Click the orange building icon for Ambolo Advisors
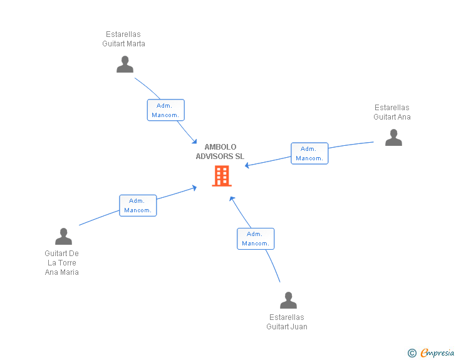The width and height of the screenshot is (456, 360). click(222, 176)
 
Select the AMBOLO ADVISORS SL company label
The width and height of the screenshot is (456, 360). click(220, 152)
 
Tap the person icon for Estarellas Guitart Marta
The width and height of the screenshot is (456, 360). click(125, 64)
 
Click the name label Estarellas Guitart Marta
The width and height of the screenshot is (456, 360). click(124, 39)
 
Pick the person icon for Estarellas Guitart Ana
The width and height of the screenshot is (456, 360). click(393, 137)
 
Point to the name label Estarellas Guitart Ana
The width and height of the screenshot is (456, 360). click(392, 112)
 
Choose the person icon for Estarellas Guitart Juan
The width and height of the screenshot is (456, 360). click(288, 301)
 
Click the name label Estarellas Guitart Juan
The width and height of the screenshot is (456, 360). click(287, 322)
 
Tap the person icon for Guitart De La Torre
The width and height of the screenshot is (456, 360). click(63, 237)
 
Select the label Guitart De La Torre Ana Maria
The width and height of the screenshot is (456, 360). click(62, 262)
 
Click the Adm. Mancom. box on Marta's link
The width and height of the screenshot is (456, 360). click(166, 110)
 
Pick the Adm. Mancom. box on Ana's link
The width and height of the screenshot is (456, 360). click(309, 153)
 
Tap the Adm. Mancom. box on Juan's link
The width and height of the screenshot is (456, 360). click(256, 239)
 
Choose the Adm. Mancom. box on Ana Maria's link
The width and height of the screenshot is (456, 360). click(138, 205)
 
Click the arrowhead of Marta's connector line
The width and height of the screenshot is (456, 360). click(194, 141)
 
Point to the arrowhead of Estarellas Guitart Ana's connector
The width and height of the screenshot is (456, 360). click(247, 166)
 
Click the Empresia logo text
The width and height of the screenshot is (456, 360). click(437, 353)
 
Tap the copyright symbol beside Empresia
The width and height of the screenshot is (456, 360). click(412, 353)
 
